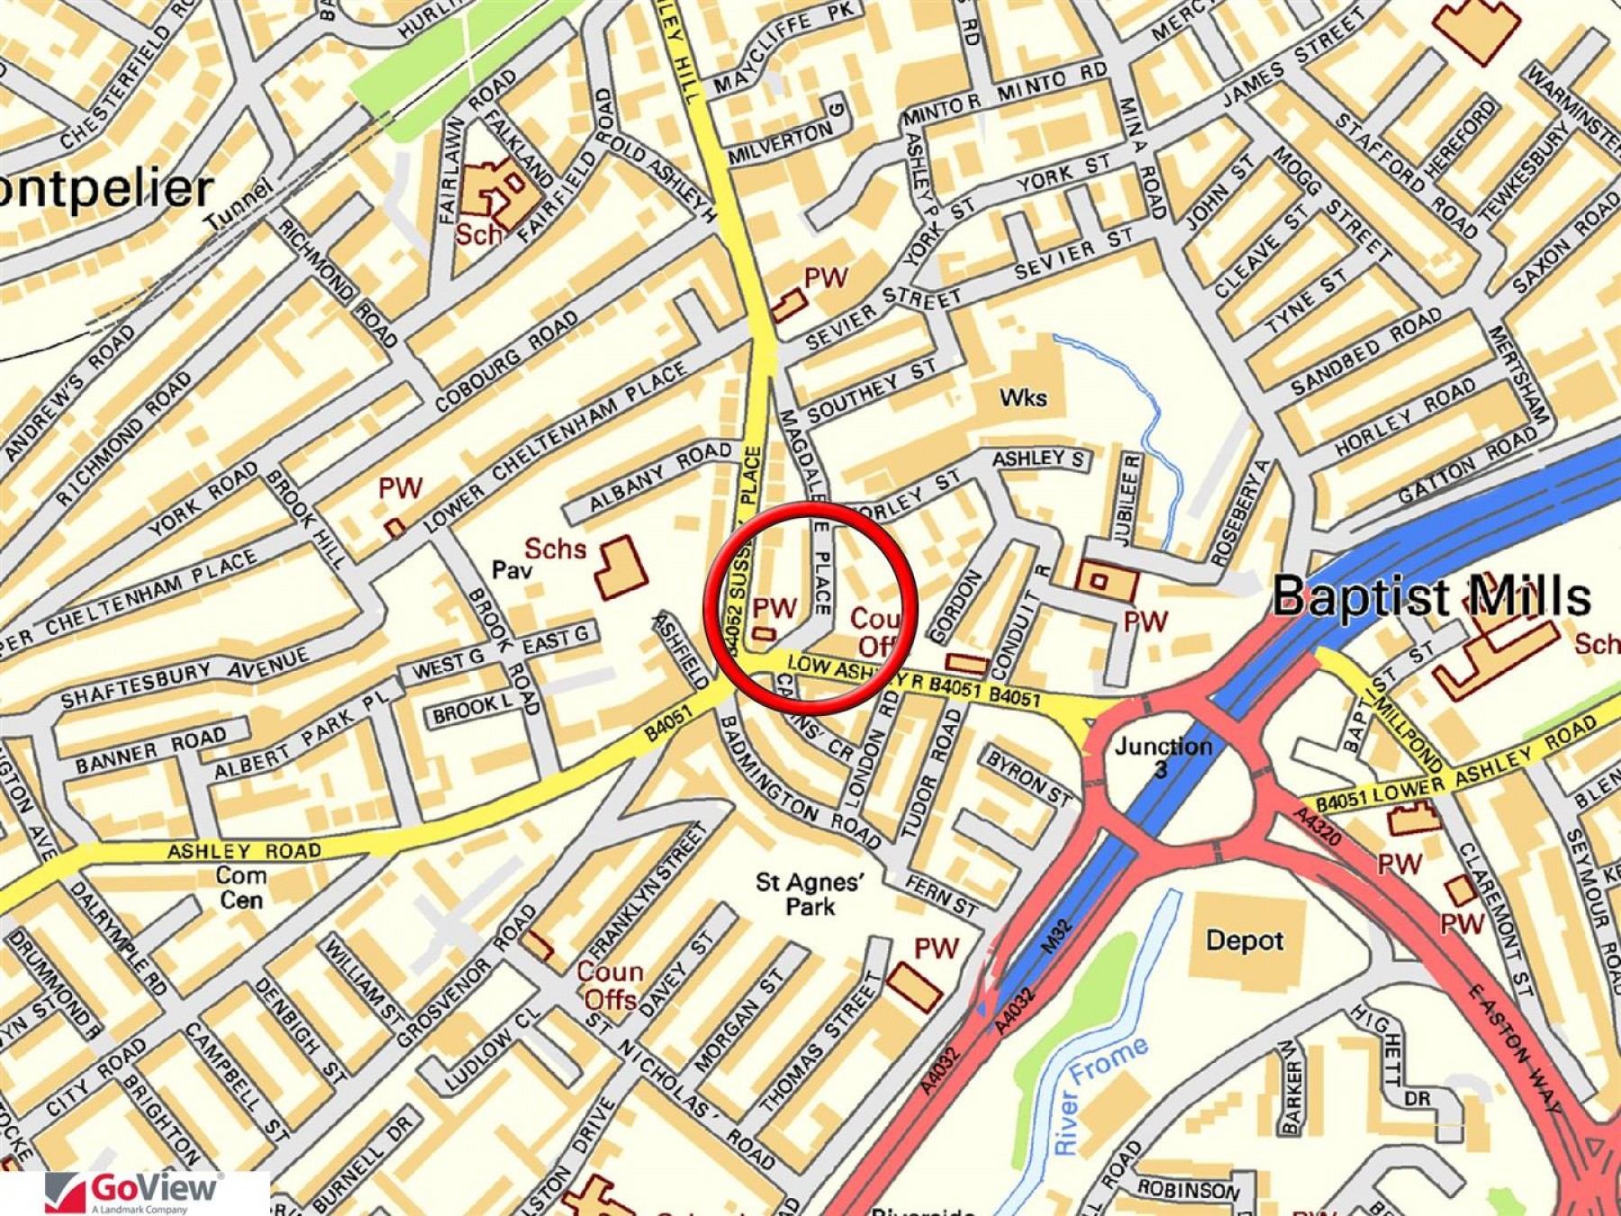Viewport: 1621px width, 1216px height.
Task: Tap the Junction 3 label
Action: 1163,755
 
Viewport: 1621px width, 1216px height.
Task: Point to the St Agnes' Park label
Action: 807,894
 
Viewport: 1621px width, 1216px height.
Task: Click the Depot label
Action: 1245,940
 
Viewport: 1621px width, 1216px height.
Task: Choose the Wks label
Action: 1023,397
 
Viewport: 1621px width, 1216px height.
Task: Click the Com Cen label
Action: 241,887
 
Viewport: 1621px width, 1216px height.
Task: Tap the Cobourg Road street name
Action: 506,362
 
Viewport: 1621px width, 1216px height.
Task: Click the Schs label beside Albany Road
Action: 555,549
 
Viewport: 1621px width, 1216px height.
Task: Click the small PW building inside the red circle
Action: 764,634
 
